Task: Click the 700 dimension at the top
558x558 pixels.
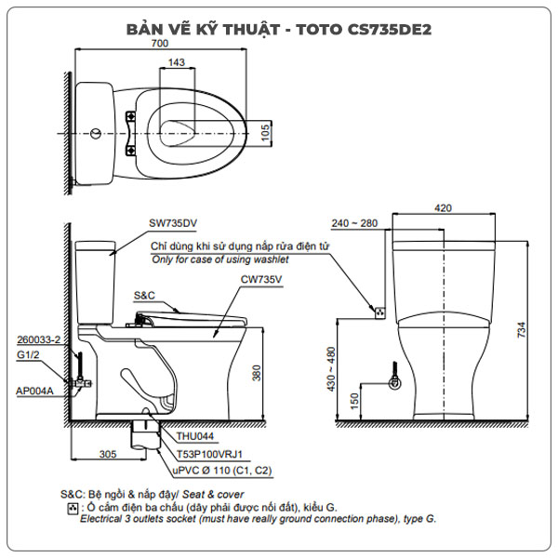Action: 160,44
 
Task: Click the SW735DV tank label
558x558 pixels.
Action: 173,223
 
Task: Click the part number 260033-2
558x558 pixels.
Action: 37,341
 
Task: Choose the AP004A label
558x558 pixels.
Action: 33,391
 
